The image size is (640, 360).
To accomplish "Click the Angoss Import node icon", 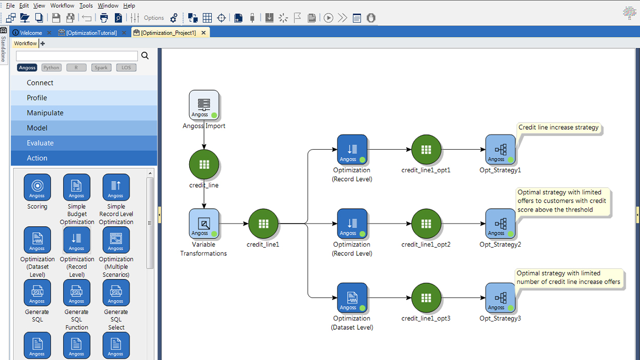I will [x=204, y=105].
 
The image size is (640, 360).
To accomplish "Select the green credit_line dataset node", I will [x=204, y=165].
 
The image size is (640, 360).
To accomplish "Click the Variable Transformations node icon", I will [x=204, y=224].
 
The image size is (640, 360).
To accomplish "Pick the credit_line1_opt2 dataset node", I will [x=426, y=224].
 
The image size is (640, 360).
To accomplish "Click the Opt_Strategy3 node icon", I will [x=500, y=298].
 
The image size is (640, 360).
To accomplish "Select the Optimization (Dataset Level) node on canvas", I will [x=352, y=298].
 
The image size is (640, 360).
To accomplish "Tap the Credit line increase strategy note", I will [x=558, y=128].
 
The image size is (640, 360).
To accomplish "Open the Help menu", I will [x=129, y=6].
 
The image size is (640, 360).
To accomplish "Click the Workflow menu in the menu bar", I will [x=62, y=6].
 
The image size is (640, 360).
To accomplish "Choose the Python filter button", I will [x=51, y=68].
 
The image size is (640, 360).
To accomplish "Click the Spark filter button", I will [x=101, y=68].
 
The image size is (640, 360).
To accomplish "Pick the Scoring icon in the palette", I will [x=37, y=187].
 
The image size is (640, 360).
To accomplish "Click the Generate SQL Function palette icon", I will [x=76, y=293].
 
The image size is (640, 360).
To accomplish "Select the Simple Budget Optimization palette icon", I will [x=76, y=187].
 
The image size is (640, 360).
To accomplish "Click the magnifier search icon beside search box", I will [x=145, y=55].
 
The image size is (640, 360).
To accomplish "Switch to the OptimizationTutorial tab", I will [x=91, y=33].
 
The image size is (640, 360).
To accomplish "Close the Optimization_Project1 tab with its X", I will [x=204, y=33].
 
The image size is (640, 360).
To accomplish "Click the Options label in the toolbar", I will [x=154, y=18].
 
